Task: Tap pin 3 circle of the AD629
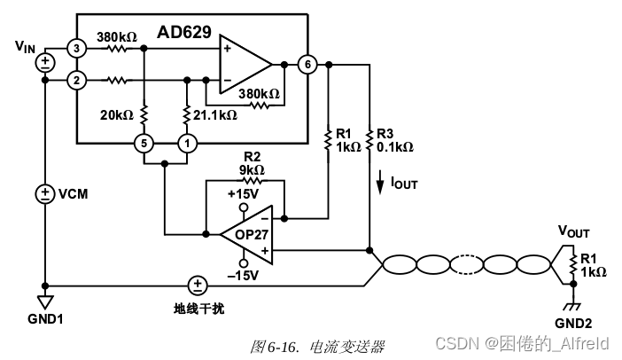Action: click(x=77, y=47)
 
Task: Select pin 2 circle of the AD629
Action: click(x=77, y=81)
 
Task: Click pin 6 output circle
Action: click(x=307, y=65)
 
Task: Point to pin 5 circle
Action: click(x=143, y=143)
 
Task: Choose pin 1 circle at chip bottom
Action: click(x=187, y=143)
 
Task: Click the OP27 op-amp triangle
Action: click(x=244, y=234)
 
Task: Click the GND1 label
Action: click(x=44, y=317)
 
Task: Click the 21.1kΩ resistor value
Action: click(x=215, y=115)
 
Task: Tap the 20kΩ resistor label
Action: click(x=116, y=115)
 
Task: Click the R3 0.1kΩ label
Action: click(x=394, y=139)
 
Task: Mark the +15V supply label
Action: click(x=243, y=194)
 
